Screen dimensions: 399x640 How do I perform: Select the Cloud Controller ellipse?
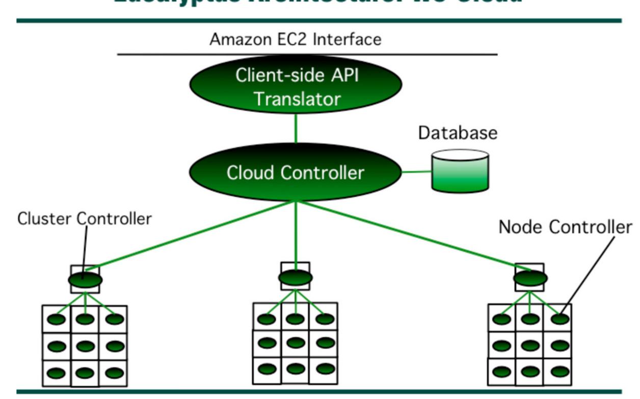tap(296, 173)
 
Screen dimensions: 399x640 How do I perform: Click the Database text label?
tap(457, 133)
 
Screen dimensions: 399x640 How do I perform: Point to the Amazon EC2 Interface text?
tap(296, 39)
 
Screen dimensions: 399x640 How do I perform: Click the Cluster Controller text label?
tap(85, 219)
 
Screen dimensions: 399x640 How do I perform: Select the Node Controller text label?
tap(565, 227)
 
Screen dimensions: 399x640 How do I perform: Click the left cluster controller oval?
tap(85, 280)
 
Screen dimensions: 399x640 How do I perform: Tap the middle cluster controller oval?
tap(296, 278)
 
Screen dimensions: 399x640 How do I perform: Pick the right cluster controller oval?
tap(530, 278)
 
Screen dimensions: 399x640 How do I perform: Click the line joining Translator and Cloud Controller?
tap(296, 129)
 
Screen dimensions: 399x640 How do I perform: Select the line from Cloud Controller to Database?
tap(416, 172)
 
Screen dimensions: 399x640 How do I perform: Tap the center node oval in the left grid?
tap(85, 346)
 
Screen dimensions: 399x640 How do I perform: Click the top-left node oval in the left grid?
tap(57, 320)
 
